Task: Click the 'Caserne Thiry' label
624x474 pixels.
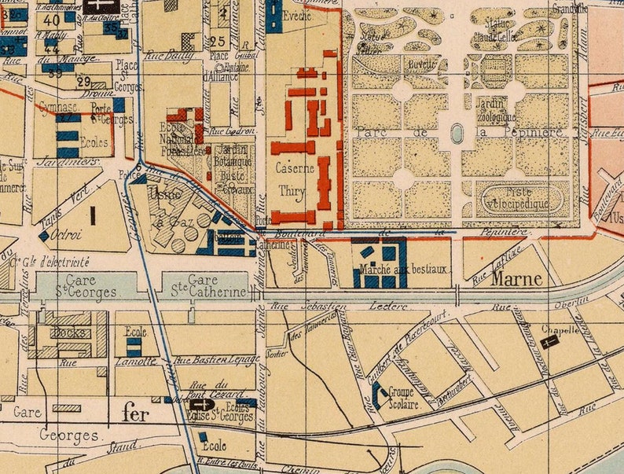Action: [x=295, y=179]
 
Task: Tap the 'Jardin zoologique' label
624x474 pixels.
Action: [x=495, y=110]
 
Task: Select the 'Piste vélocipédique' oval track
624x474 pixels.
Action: [x=523, y=197]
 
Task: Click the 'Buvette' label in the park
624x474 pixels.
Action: [x=421, y=65]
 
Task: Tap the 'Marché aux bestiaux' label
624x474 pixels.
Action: [x=403, y=270]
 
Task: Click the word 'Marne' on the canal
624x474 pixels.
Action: [x=517, y=279]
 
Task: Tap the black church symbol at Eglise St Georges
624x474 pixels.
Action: [x=199, y=405]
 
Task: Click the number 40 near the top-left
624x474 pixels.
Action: [x=53, y=20]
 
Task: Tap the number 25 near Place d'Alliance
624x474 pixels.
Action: [x=218, y=41]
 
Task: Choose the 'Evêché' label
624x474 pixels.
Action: [x=300, y=16]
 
